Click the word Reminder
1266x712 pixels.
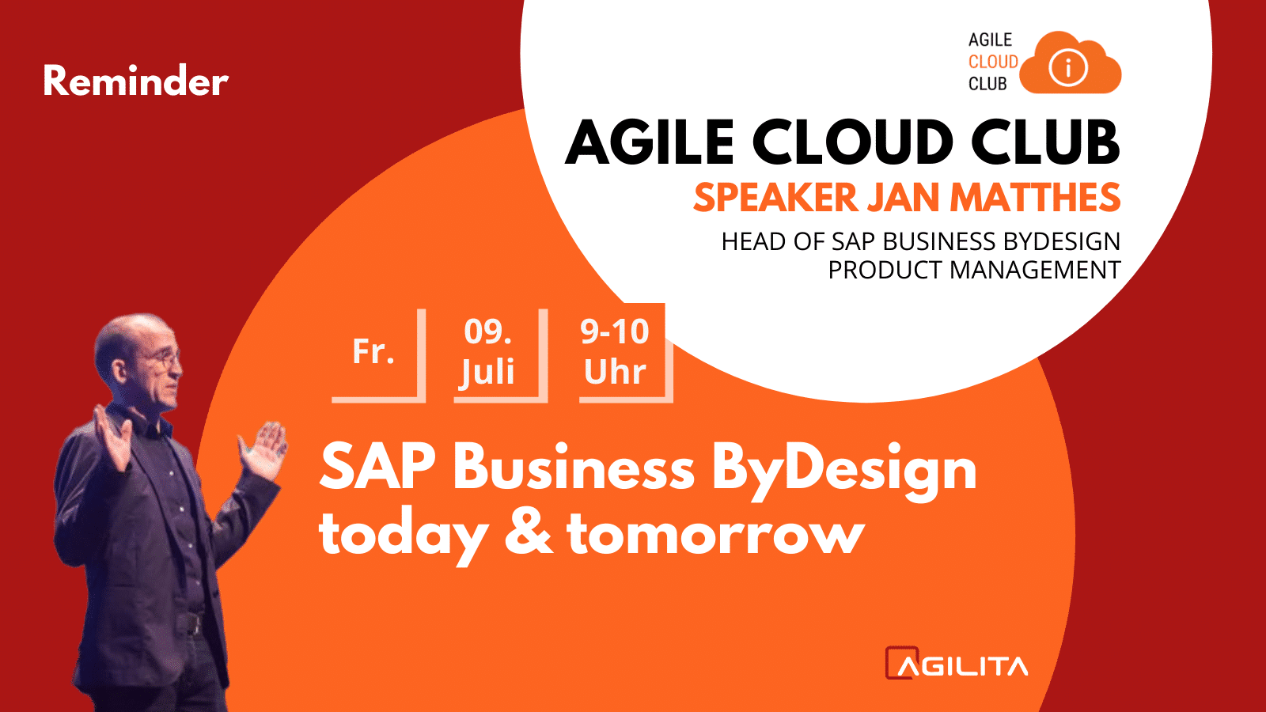coord(136,80)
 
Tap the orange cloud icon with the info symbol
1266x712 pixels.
coord(1070,63)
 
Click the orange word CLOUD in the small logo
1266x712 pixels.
coord(993,62)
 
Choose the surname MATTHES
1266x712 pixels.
coord(1035,198)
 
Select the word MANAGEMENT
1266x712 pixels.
coord(1035,270)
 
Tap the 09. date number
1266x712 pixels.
coord(487,331)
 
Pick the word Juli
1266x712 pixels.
coord(487,372)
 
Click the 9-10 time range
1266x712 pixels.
coord(615,331)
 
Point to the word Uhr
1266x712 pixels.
coord(615,372)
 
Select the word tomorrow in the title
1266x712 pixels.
coord(716,533)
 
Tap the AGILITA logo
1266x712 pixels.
coord(957,664)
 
